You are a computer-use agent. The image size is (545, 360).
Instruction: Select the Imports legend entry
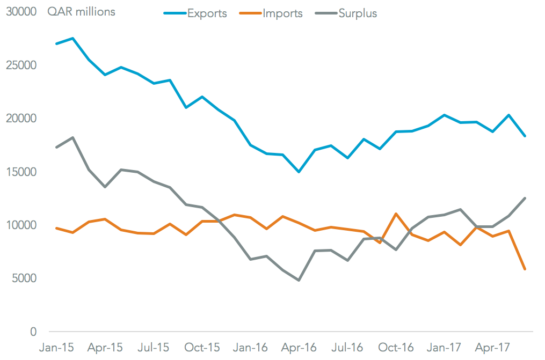(282, 13)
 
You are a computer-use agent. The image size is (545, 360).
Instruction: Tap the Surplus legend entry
(358, 13)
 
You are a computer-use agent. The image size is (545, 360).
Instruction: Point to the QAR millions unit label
(81, 12)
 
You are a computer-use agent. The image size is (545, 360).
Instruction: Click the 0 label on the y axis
(33, 332)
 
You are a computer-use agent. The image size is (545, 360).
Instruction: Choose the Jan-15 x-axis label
(56, 348)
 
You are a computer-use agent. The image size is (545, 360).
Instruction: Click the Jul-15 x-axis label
(153, 348)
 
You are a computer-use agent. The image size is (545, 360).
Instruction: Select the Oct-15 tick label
(202, 348)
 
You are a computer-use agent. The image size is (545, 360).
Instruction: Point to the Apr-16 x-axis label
(299, 348)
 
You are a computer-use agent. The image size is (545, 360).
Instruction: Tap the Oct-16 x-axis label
(396, 348)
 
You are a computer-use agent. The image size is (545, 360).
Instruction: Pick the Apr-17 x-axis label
(492, 348)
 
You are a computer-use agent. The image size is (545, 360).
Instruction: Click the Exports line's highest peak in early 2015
(72, 39)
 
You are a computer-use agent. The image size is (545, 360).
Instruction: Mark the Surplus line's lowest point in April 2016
(299, 280)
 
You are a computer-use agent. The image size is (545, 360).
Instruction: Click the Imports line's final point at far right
(525, 269)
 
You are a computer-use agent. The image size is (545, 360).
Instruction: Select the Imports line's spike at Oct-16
(396, 214)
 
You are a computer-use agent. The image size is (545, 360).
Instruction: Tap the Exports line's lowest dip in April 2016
(299, 172)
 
